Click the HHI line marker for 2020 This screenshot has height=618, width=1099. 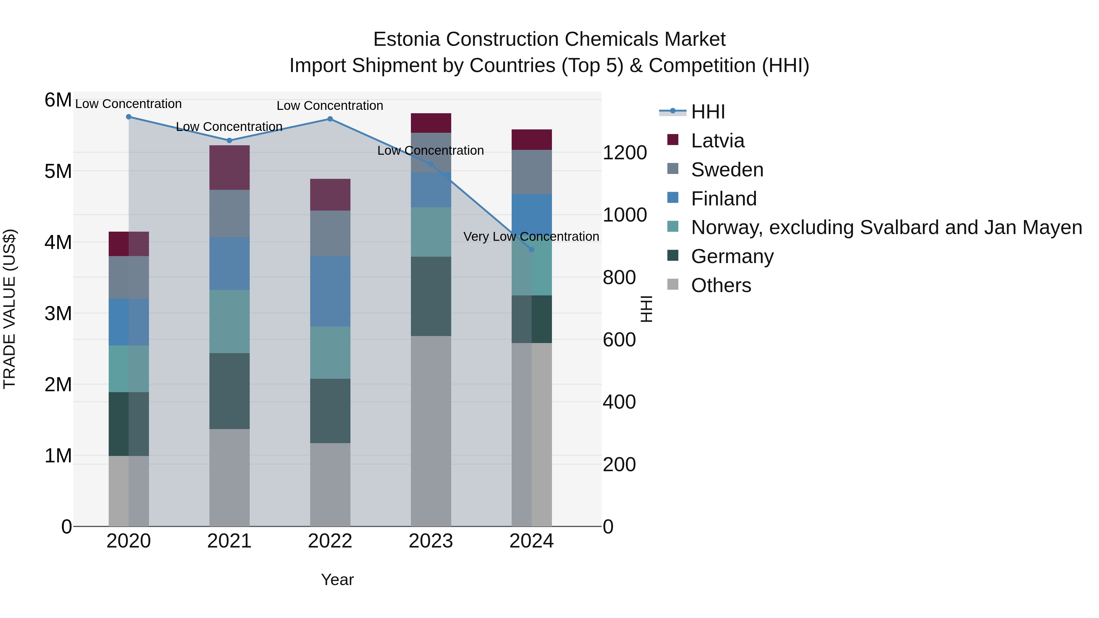point(129,117)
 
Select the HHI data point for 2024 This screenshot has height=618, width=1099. point(531,250)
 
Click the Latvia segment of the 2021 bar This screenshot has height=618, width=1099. point(230,168)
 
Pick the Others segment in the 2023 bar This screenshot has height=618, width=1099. point(430,431)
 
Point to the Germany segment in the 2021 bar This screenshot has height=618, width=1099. point(230,391)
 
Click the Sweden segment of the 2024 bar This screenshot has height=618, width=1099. point(531,172)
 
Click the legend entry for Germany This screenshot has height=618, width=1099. point(732,257)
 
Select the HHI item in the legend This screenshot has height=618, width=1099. point(707,112)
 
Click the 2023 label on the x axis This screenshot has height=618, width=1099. point(430,541)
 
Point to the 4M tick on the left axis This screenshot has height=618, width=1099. point(58,242)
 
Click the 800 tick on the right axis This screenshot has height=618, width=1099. point(618,278)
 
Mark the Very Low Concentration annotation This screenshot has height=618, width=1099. point(531,237)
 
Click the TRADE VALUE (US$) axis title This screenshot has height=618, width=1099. point(9,309)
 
